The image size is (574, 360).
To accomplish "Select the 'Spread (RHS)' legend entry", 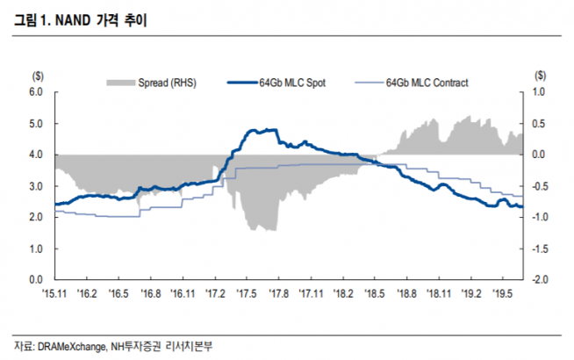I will click(x=167, y=83).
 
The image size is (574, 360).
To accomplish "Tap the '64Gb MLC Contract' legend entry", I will click(x=427, y=83).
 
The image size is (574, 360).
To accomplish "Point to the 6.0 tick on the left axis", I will click(x=37, y=91).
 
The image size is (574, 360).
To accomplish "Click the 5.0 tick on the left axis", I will click(x=37, y=123).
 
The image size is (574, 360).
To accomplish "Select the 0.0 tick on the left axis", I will click(x=37, y=279).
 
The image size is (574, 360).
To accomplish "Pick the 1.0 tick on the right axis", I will click(x=540, y=91).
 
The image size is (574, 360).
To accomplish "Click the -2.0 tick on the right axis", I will click(x=540, y=279).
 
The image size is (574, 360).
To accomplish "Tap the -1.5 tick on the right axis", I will click(x=540, y=248).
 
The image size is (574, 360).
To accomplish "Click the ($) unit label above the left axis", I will click(x=37, y=76).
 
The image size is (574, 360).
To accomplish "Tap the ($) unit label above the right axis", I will click(x=539, y=76).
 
